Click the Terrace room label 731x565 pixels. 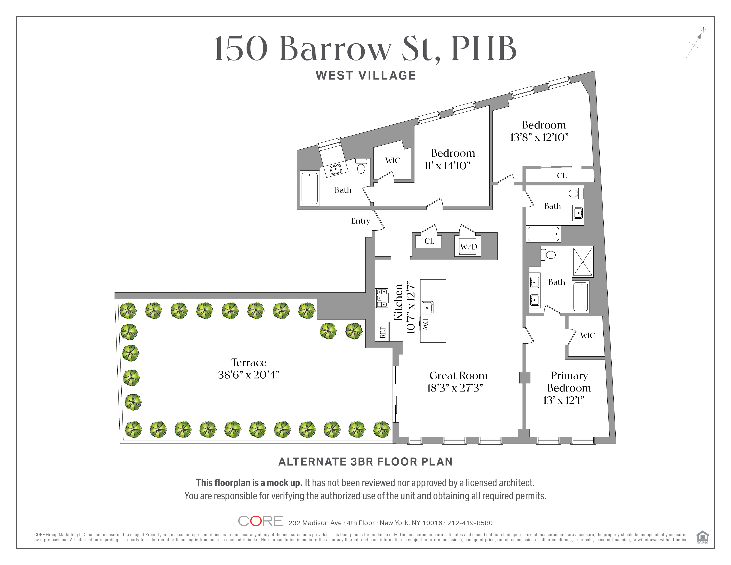click(x=249, y=362)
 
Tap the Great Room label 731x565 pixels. click(x=458, y=376)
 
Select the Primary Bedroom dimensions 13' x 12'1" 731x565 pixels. click(x=564, y=400)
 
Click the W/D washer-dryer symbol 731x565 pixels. click(x=468, y=247)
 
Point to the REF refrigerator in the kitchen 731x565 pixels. click(x=383, y=331)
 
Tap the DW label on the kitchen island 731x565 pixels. click(x=425, y=324)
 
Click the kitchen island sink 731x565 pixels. click(x=428, y=308)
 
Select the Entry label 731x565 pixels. click(x=360, y=221)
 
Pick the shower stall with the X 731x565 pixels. click(x=583, y=262)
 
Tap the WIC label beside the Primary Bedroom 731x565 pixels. click(x=587, y=335)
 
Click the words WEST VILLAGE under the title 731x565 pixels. click(x=365, y=75)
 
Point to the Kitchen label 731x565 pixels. click(x=398, y=302)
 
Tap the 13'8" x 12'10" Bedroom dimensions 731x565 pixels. click(x=539, y=137)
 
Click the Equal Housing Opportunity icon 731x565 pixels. click(x=702, y=537)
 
